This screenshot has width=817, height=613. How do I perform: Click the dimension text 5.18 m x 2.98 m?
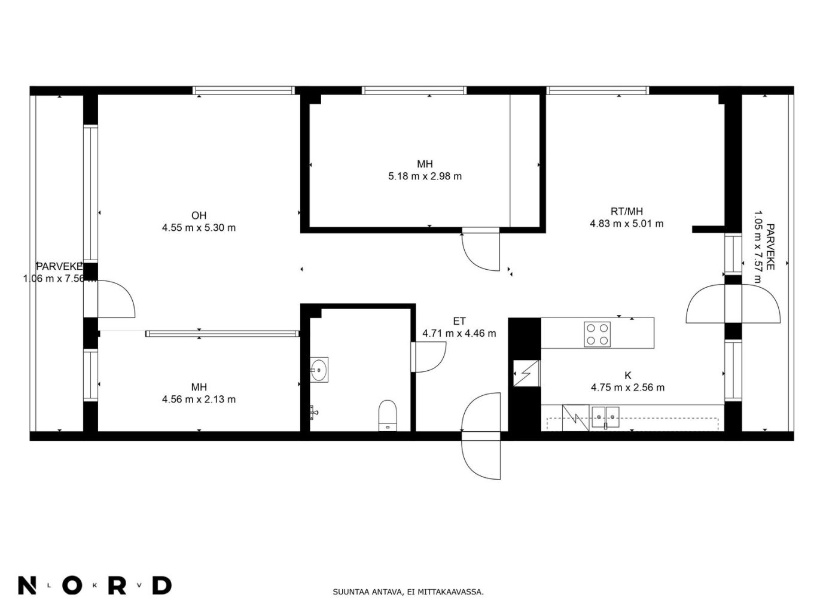(x=425, y=176)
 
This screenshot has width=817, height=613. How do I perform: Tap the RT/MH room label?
(x=627, y=211)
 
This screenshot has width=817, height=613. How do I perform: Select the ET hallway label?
(x=459, y=321)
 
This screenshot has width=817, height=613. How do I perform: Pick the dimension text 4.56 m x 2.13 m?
(x=199, y=399)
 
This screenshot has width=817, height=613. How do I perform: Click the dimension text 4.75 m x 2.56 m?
(x=627, y=388)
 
